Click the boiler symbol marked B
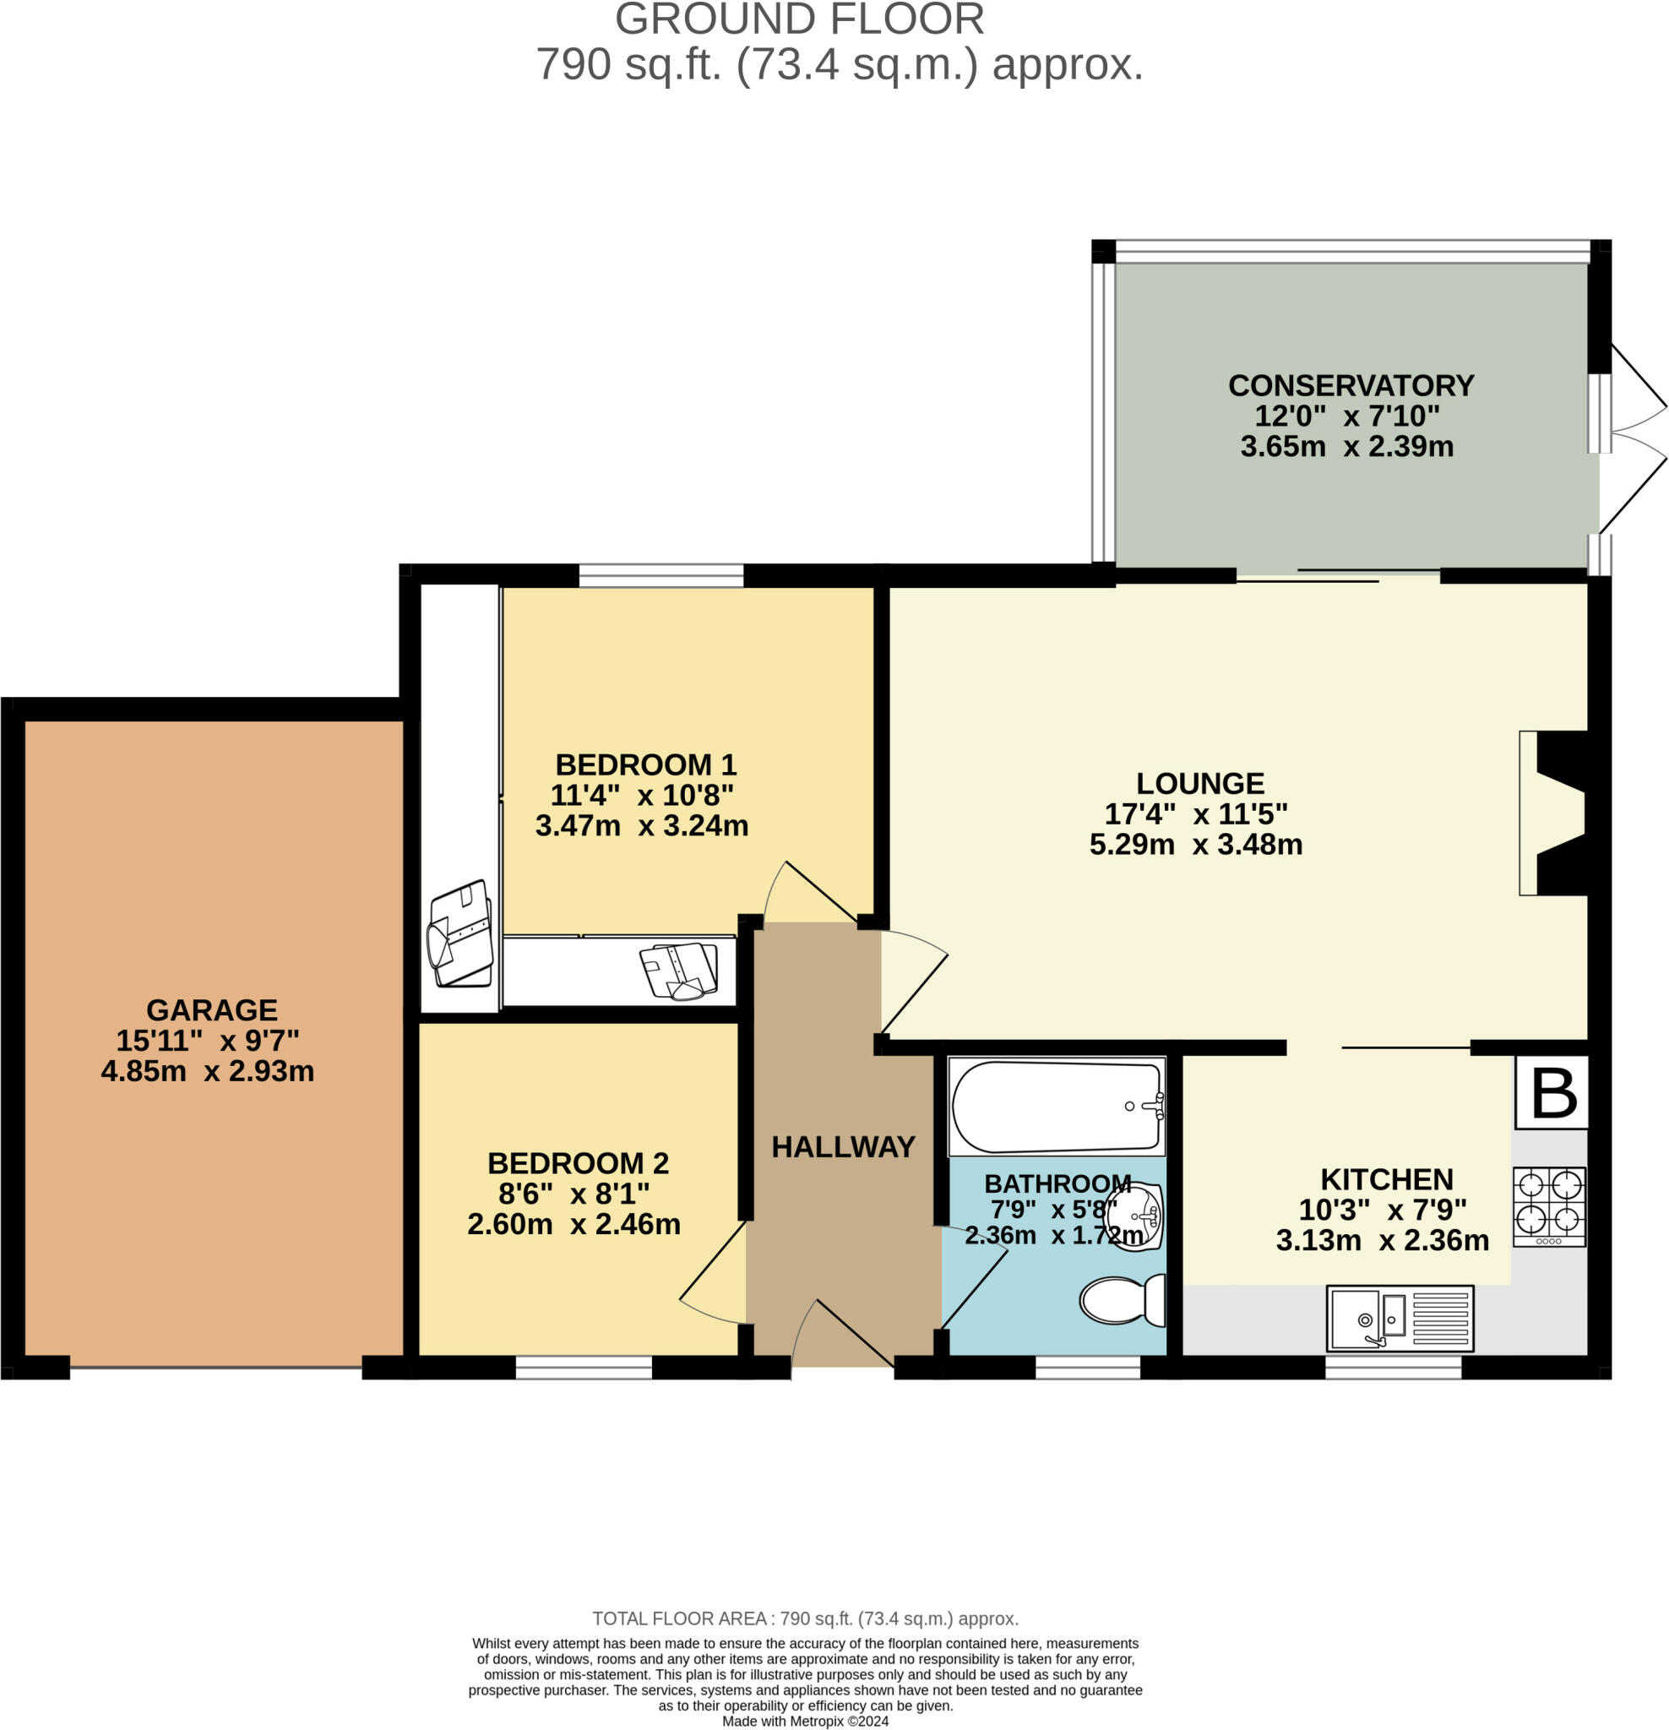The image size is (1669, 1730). click(1552, 1094)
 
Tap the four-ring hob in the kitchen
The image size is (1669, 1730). click(1549, 1206)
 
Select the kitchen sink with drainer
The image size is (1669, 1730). click(1400, 1319)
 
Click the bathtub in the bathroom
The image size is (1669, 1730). click(1057, 1107)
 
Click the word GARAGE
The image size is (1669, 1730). click(212, 1009)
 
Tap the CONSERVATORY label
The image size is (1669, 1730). click(1351, 386)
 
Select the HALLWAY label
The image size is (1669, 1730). click(843, 1146)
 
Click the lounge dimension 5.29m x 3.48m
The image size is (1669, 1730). click(1195, 845)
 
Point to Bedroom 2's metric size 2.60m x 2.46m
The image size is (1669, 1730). click(574, 1224)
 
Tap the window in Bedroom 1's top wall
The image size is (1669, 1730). click(661, 575)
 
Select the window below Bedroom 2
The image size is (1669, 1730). click(584, 1368)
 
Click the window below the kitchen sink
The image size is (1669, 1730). click(1393, 1368)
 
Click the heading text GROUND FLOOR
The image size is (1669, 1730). click(799, 19)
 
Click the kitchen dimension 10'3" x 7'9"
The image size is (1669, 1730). click(1382, 1210)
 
